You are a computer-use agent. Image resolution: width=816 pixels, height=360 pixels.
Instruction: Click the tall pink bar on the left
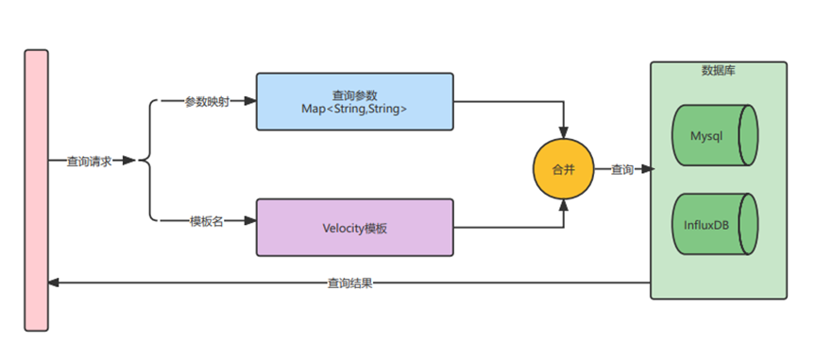pos(37,190)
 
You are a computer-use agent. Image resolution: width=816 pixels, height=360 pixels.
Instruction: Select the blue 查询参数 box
pos(354,102)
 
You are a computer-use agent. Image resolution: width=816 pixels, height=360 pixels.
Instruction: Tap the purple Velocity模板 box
pos(354,228)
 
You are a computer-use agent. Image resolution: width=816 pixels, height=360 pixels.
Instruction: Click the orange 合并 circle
pos(563,169)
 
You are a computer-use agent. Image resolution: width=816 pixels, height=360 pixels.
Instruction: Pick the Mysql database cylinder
pos(715,135)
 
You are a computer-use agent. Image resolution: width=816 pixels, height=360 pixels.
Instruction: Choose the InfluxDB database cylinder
pos(715,224)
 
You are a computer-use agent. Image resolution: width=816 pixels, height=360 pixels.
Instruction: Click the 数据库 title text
pos(718,71)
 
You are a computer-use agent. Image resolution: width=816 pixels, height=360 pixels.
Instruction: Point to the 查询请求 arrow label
pos(90,162)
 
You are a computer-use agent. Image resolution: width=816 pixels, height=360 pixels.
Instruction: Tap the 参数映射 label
pos(207,102)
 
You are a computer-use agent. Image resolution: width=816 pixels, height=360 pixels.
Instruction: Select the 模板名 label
pos(207,221)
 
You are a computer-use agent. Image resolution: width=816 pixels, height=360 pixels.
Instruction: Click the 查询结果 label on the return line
pos(349,283)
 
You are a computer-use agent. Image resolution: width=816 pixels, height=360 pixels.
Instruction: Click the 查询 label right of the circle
pos(621,169)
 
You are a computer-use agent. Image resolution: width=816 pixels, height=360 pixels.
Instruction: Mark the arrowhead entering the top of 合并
pos(563,132)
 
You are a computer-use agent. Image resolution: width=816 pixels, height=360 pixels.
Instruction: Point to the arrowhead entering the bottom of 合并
pos(563,206)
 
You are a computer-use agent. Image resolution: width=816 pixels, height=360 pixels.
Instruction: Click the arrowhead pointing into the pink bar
pos(54,283)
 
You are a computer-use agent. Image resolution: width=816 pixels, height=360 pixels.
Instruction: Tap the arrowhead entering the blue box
pos(250,102)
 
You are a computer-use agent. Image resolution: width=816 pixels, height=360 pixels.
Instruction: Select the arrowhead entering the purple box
pos(250,221)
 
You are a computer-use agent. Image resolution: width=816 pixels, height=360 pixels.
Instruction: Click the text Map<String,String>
pos(354,109)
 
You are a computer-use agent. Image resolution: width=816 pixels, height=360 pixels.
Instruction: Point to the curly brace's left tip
pos(139,162)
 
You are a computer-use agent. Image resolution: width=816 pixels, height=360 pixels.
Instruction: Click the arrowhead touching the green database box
pos(648,169)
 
